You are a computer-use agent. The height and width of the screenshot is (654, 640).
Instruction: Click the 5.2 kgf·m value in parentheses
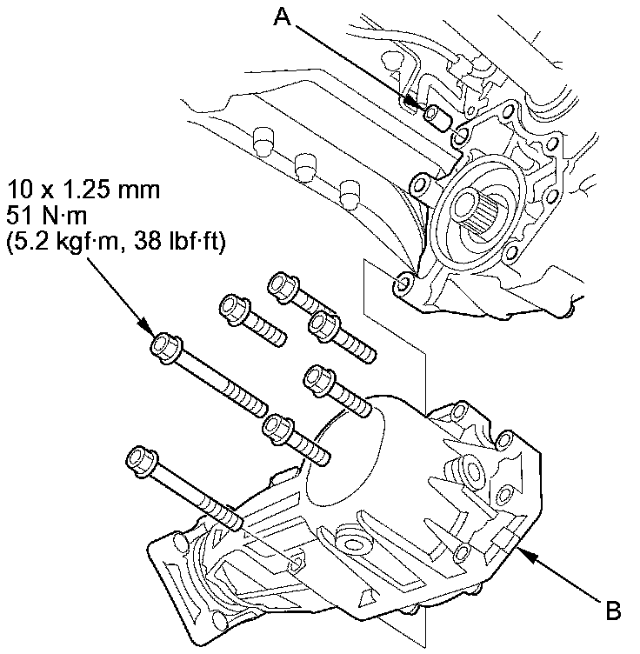(x=56, y=244)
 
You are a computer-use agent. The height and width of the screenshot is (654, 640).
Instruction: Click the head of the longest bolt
(x=164, y=347)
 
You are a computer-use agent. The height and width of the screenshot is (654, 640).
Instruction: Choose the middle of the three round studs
(x=303, y=166)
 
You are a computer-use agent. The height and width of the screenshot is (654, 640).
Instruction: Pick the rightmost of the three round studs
(x=350, y=193)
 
